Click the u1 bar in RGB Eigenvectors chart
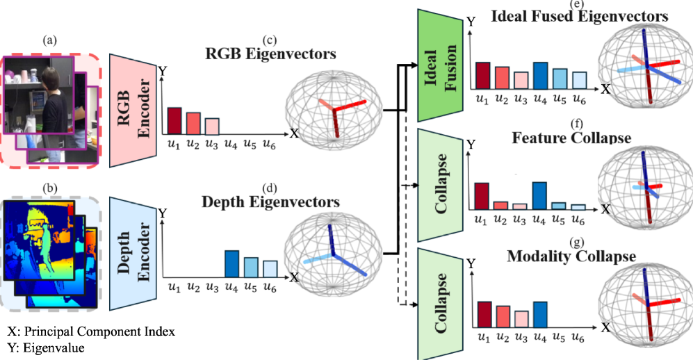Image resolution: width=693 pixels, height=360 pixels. [x=174, y=121]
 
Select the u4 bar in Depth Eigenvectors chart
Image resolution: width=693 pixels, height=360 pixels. [x=233, y=264]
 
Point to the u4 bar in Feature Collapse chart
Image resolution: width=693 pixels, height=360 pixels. [x=539, y=195]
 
